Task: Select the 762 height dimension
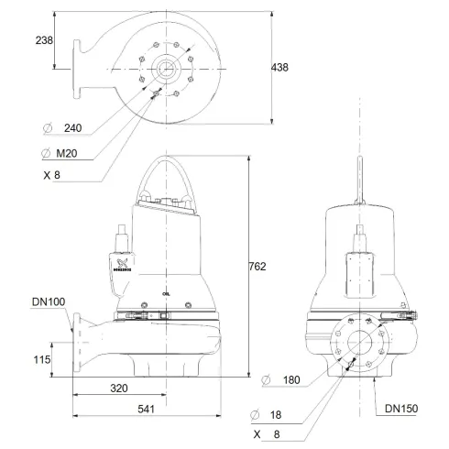(x=257, y=267)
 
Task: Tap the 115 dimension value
(x=43, y=360)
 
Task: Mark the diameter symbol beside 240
(x=46, y=128)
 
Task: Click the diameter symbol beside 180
(x=265, y=378)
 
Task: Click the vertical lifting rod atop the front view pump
(x=357, y=183)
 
